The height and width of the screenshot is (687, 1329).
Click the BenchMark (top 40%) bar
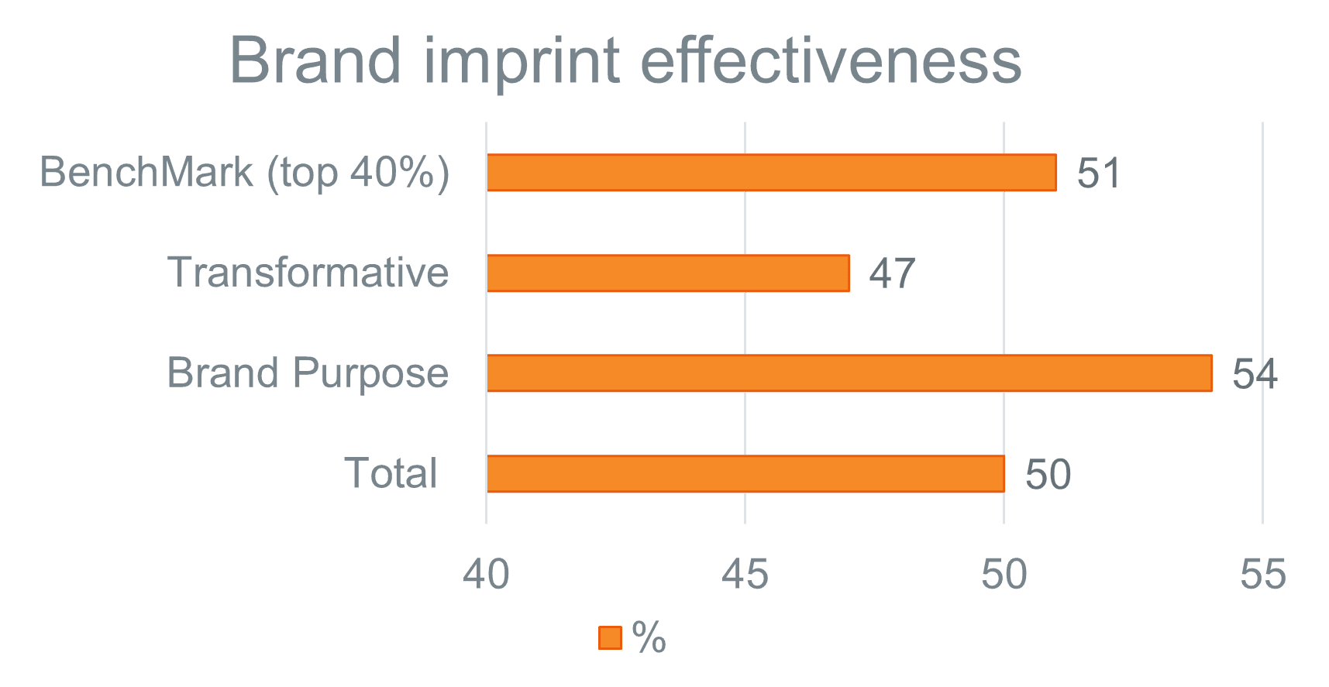[771, 172]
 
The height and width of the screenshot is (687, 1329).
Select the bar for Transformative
[668, 273]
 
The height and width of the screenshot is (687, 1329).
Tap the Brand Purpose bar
[849, 373]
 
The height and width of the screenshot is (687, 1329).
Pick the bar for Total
[745, 473]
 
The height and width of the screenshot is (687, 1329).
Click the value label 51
[1099, 173]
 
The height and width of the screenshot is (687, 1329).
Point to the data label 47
[892, 273]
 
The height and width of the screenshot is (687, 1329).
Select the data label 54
[1255, 374]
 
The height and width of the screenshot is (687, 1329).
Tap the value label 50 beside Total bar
[1048, 474]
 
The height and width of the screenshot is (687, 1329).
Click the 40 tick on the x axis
[486, 575]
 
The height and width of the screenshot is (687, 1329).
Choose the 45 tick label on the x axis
[745, 575]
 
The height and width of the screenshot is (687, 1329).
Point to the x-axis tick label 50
[1004, 575]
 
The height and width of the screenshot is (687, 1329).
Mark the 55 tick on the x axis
[1262, 575]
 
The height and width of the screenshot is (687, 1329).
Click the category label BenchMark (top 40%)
[244, 172]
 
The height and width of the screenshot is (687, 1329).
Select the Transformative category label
[308, 273]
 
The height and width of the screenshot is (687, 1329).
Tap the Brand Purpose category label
[308, 373]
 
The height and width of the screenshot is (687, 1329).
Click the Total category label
[391, 473]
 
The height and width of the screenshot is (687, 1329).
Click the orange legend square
[610, 637]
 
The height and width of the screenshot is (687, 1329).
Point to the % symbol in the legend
[649, 637]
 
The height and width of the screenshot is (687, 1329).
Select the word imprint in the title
[522, 62]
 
